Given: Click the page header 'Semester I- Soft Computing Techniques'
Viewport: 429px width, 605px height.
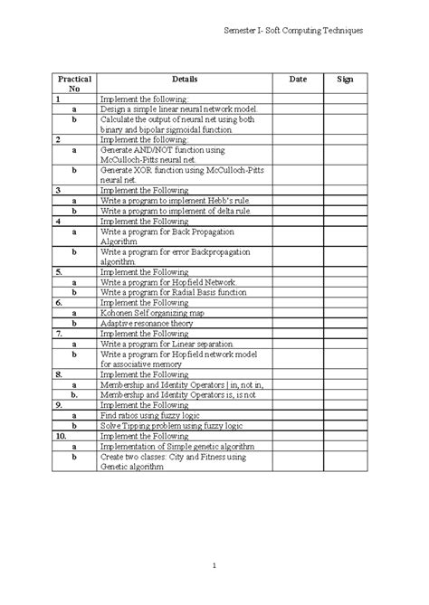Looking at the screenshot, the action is tap(293, 31).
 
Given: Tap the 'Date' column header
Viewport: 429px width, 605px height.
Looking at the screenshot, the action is tap(298, 80).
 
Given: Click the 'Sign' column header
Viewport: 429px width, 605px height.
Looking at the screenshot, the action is tap(345, 80).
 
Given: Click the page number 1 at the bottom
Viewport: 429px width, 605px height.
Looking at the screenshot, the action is tap(215, 566).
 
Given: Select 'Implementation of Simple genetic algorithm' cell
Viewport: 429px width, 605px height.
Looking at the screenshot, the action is tap(171, 446).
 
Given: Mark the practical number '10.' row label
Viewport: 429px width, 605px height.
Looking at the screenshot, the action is tap(61, 435).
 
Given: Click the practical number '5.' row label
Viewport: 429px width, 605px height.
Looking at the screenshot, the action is tap(59, 271).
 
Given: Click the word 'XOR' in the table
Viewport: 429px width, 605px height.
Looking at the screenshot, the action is tap(138, 170).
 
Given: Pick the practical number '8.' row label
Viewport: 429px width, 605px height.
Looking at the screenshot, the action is tap(59, 373).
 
